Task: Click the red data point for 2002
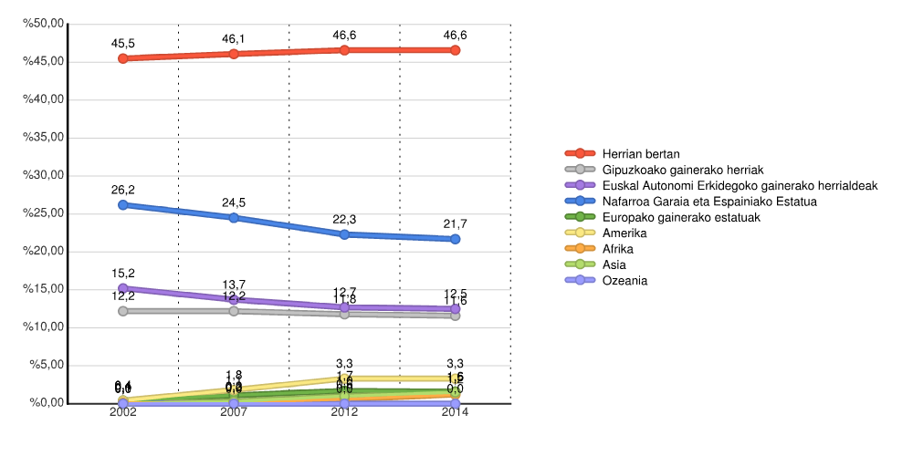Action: tap(123, 58)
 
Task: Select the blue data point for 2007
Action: tap(234, 218)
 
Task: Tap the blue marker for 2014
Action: tap(455, 239)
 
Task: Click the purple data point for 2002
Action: tap(123, 288)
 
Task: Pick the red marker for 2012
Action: tap(344, 50)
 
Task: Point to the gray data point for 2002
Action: tap(123, 311)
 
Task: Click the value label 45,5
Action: tap(123, 44)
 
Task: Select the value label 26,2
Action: tap(123, 190)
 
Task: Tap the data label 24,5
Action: tap(234, 202)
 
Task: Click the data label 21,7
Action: tap(455, 223)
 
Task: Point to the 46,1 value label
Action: tap(234, 39)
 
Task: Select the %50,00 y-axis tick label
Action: tap(44, 24)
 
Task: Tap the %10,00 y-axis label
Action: tap(44, 327)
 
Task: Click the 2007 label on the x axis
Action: tap(234, 412)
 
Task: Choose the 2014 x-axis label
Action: tap(455, 412)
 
